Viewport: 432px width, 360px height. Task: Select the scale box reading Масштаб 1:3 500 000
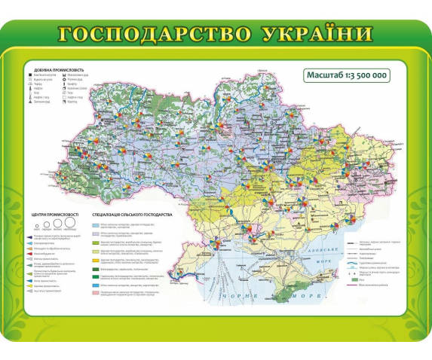pyautogui.click(x=348, y=75)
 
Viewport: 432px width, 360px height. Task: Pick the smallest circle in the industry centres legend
pyautogui.click(x=35, y=225)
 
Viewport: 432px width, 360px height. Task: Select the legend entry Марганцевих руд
pyautogui.click(x=84, y=75)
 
